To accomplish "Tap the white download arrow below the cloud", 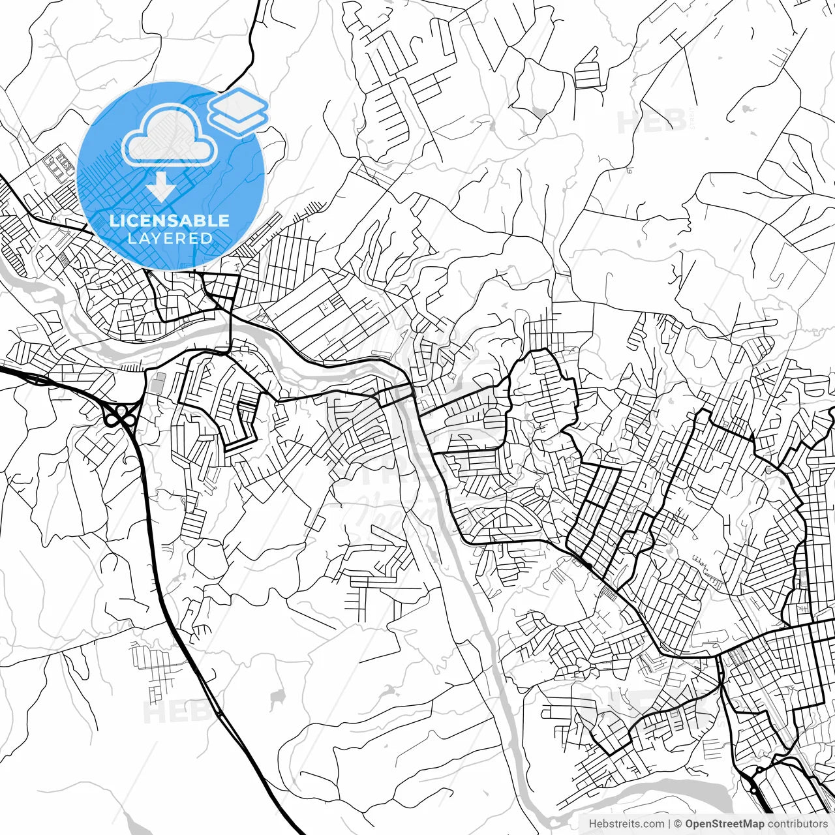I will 160,187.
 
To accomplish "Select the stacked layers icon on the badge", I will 239,112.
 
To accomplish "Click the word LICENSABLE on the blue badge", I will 170,220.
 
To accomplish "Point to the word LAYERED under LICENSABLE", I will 170,238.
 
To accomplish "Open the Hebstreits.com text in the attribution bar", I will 626,824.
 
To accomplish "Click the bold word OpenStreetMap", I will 725,824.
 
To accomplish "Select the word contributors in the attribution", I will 797,824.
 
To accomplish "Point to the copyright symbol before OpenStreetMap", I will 678,824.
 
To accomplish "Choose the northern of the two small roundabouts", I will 759,770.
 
